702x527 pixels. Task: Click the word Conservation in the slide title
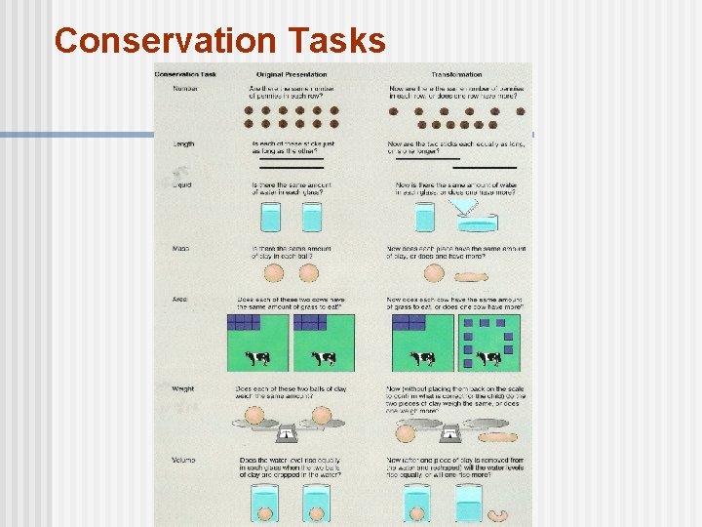point(165,41)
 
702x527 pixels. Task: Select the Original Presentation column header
point(292,74)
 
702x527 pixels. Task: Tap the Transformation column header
point(456,74)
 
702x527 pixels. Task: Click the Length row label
point(183,144)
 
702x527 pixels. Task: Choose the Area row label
point(180,300)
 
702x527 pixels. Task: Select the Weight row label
point(183,388)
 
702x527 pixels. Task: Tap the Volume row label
point(183,460)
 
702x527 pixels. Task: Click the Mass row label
point(180,249)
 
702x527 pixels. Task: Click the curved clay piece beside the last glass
point(499,515)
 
